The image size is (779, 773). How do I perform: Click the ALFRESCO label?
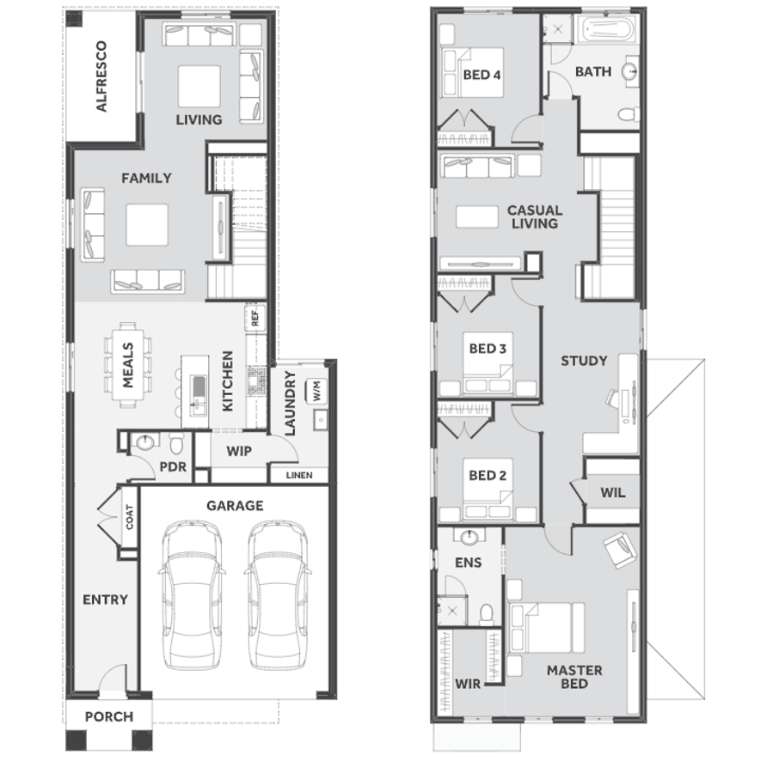click(101, 76)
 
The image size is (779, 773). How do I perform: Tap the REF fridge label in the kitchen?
click(255, 318)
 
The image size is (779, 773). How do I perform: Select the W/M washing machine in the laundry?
click(317, 391)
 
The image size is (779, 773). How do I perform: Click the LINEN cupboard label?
click(299, 475)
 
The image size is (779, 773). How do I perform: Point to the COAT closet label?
click(130, 517)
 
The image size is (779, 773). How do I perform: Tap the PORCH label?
click(109, 717)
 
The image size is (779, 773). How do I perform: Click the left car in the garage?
click(191, 594)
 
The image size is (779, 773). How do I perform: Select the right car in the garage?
click(278, 594)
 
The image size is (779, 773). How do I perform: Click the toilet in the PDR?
click(176, 443)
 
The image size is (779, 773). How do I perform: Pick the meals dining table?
click(128, 365)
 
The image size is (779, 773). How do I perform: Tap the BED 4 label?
click(482, 75)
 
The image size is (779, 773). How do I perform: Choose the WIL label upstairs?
click(612, 493)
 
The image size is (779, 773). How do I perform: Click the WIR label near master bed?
click(468, 685)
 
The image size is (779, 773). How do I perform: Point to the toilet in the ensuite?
click(487, 614)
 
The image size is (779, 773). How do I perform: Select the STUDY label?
click(584, 361)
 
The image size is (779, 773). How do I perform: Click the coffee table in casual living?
click(477, 216)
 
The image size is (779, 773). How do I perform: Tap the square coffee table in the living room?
click(199, 86)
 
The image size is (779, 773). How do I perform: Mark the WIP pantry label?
click(239, 452)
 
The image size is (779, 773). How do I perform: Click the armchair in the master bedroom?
click(620, 549)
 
